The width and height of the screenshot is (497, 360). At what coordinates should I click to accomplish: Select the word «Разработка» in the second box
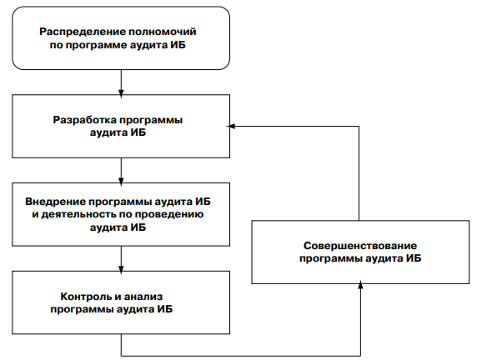(85, 121)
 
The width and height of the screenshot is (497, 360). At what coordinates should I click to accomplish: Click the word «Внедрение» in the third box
(55, 202)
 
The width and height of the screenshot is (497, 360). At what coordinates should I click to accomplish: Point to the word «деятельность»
(79, 215)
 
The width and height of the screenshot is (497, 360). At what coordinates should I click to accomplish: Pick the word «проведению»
(169, 215)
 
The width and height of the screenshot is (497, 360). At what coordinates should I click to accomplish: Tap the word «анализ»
(143, 297)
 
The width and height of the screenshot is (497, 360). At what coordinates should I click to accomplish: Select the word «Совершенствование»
(360, 246)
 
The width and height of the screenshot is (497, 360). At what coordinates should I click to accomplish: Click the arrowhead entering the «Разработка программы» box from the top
(121, 92)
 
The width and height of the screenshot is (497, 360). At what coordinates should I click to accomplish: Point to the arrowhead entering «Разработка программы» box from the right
(231, 127)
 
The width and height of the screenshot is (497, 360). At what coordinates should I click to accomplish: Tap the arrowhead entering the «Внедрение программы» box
(121, 181)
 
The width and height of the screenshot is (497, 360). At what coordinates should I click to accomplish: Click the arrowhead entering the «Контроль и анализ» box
(121, 269)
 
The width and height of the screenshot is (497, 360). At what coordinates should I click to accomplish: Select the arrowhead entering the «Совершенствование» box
(360, 285)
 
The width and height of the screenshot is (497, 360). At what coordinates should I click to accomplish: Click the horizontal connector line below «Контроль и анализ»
(241, 356)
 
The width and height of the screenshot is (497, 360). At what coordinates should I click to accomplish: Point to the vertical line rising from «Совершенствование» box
(359, 173)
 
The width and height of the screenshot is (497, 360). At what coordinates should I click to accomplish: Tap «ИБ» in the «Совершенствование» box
(414, 258)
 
